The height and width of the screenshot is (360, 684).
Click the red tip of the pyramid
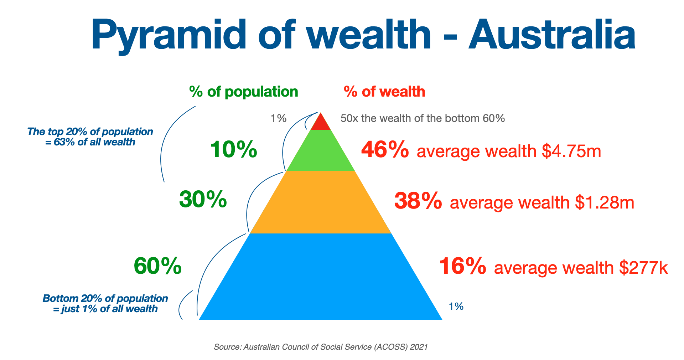321,123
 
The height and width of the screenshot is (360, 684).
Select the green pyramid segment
321,151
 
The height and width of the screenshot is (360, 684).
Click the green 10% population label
233,149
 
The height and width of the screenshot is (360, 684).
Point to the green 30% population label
203,199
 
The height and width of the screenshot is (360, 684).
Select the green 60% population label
158,266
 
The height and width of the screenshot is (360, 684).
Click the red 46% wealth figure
385,150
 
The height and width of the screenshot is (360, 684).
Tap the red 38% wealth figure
418,201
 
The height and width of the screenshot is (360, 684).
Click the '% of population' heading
244,92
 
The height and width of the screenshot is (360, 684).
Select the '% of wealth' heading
385,92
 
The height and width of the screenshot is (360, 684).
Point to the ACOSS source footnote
321,347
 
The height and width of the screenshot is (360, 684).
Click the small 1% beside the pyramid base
456,306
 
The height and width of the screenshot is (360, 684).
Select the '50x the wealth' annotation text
423,118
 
